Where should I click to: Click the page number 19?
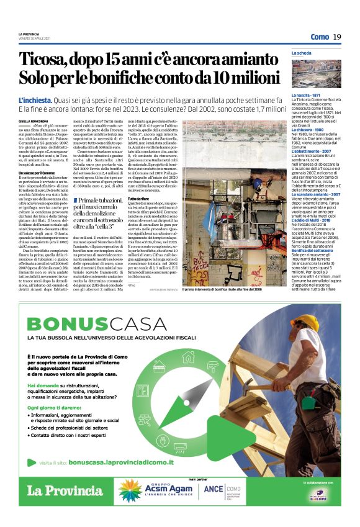pos(337,37)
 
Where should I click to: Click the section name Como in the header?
pos(320,37)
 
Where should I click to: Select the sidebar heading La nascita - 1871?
pos(307,95)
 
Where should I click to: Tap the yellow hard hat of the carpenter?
pos(304,323)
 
